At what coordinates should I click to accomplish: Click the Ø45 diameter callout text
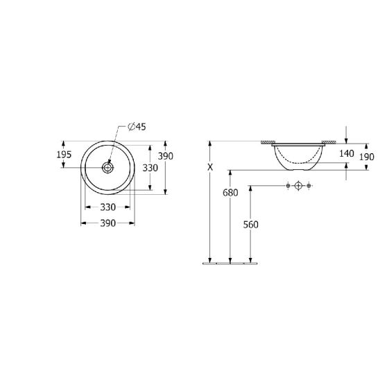pos(137,127)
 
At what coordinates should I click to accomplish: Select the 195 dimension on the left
pos(64,155)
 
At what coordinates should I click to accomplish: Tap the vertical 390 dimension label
pos(166,156)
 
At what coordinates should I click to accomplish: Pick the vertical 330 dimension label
pos(150,168)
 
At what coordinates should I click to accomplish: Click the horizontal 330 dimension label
pos(108,207)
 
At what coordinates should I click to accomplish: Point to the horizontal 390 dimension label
pos(108,223)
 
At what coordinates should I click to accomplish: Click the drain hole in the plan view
pos(107,167)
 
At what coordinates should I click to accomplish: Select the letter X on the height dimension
pos(210,167)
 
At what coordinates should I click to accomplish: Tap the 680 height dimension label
pos(230,193)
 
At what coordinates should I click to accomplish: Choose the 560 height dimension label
pos(251,225)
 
